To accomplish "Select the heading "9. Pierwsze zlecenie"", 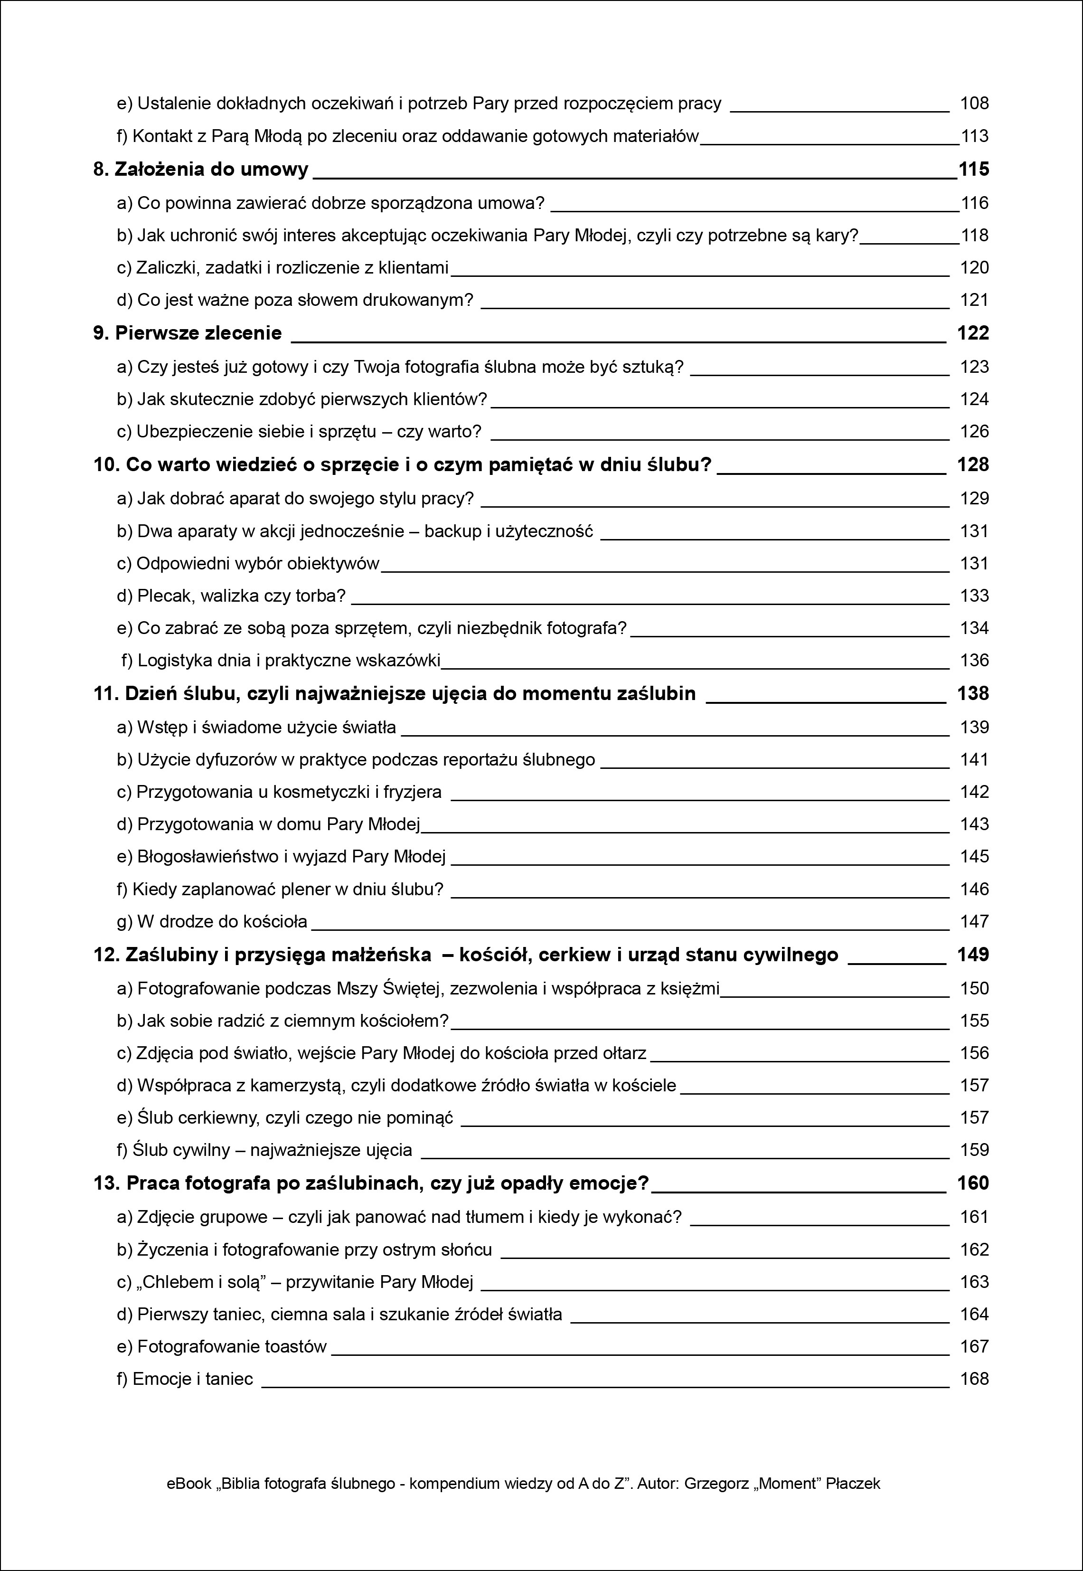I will [x=187, y=333].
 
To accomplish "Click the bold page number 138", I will [x=972, y=693].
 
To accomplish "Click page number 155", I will [x=974, y=1021].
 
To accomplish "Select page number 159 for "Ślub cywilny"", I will [x=974, y=1150].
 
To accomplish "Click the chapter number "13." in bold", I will [x=106, y=1183].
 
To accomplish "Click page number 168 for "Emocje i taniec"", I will [x=974, y=1379].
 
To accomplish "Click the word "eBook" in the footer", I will [x=188, y=1484].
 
